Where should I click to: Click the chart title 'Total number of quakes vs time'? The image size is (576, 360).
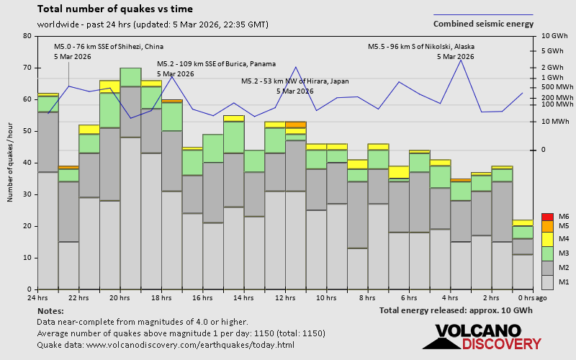point(114,9)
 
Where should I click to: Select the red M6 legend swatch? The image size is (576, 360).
point(547,217)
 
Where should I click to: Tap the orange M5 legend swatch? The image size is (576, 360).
point(547,227)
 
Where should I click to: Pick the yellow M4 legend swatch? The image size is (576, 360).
point(547,238)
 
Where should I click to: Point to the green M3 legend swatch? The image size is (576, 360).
point(547,253)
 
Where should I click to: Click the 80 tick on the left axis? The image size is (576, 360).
point(27,36)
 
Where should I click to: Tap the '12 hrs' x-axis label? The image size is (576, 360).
point(285,298)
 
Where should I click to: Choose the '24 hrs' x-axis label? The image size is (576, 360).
point(37,298)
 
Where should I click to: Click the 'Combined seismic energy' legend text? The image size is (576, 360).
point(483,23)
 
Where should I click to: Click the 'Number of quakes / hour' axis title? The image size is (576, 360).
point(11,163)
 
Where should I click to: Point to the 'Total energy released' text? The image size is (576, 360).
point(456,310)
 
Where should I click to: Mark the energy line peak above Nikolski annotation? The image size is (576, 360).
point(461,60)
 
